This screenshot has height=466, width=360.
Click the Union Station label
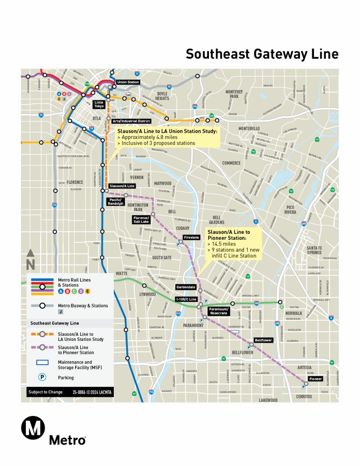tap(128, 82)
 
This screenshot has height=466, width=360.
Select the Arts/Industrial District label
tap(131, 121)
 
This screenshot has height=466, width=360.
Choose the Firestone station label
tap(191, 238)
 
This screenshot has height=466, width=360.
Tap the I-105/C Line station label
tap(186, 299)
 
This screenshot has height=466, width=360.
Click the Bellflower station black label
tap(263, 340)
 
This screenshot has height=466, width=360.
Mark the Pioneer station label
tap(315, 379)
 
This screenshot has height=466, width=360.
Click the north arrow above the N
tap(30, 253)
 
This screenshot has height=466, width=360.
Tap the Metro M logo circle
tap(33, 429)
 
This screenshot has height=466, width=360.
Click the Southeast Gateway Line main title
tap(262, 54)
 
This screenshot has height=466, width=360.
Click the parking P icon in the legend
tap(42, 377)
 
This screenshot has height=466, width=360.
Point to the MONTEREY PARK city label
tap(234, 94)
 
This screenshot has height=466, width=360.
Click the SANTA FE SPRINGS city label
tap(314, 250)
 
